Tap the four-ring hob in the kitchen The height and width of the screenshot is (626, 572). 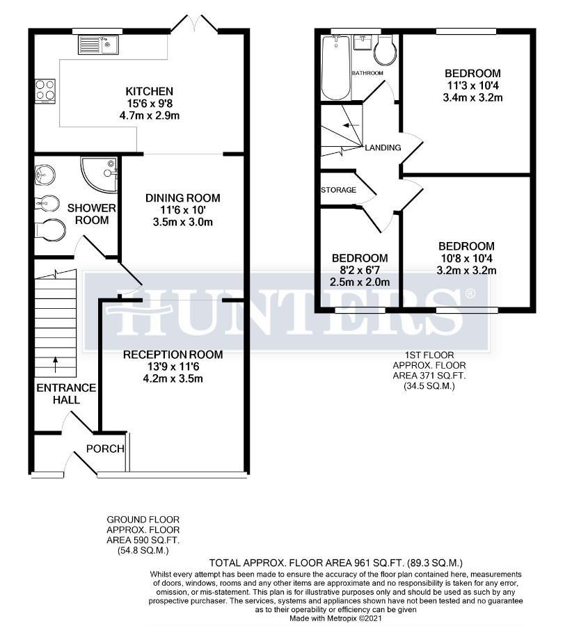(x=46, y=90)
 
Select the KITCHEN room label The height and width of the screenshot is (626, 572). (x=149, y=91)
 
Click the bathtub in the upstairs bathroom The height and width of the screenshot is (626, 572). (x=335, y=68)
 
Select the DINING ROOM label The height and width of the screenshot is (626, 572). (x=178, y=198)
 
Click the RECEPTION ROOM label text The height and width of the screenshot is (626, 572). (x=173, y=355)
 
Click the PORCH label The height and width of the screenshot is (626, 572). (x=105, y=449)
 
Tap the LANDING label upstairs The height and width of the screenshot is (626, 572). (x=383, y=147)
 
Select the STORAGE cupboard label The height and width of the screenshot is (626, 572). (x=339, y=190)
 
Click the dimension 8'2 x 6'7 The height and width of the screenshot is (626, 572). (x=359, y=270)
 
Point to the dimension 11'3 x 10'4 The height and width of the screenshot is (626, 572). (x=473, y=85)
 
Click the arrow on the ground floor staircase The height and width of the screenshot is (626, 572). (x=56, y=362)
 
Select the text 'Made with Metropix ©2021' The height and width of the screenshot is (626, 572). (x=335, y=618)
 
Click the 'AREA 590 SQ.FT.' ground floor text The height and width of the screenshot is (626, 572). (x=143, y=540)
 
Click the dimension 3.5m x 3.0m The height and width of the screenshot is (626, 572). (x=178, y=223)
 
